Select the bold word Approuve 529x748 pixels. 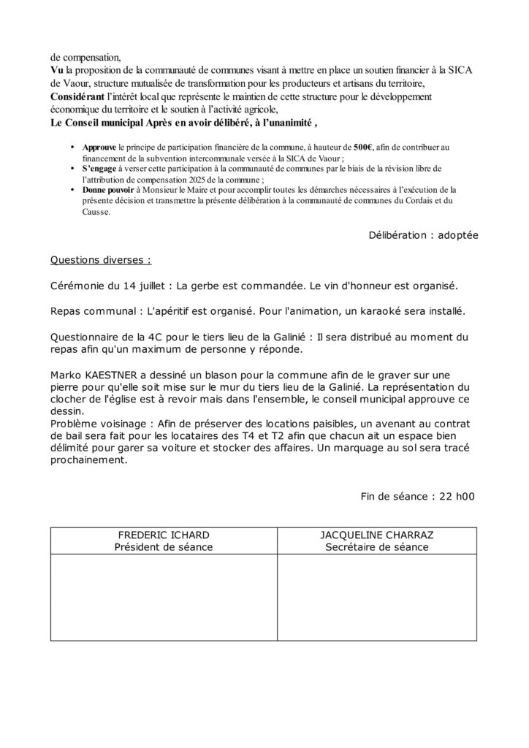99,147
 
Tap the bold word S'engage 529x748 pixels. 96,168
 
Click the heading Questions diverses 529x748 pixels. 101,260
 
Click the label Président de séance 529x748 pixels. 164,547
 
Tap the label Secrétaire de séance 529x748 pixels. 377,547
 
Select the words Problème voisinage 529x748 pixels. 102,424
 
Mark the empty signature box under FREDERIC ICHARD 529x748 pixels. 164,597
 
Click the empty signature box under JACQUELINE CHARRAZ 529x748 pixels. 377,597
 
